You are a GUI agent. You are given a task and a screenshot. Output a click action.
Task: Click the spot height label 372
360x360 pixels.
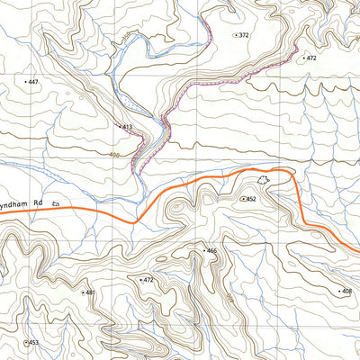(x=244, y=34)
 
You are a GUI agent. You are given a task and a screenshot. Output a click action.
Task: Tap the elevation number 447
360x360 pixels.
(x=33, y=82)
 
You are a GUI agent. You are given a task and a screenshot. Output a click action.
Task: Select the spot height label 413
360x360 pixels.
(x=128, y=128)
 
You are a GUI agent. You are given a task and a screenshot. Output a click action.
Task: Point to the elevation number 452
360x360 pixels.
(x=252, y=199)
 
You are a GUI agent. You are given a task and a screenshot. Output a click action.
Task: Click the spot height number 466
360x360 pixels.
(x=212, y=250)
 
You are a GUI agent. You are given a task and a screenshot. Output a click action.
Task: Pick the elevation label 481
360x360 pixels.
(x=89, y=292)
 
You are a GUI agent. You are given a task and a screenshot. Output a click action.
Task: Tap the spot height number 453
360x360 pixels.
(x=34, y=343)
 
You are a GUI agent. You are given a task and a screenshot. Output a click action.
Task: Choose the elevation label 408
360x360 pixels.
(x=346, y=292)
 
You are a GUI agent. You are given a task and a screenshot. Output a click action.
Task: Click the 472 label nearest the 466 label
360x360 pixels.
(x=149, y=281)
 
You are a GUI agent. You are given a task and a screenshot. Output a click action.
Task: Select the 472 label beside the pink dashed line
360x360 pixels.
(x=311, y=58)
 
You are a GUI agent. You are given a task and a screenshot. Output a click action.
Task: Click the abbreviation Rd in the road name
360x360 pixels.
(x=38, y=204)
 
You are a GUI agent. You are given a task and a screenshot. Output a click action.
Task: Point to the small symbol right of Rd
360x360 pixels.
(x=56, y=204)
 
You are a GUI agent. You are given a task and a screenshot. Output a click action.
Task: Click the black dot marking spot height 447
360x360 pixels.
(x=24, y=82)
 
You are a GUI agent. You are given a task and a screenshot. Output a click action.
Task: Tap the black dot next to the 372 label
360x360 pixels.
(x=235, y=34)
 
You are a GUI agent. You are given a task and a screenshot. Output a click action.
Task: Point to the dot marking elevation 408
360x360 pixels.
(x=337, y=292)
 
